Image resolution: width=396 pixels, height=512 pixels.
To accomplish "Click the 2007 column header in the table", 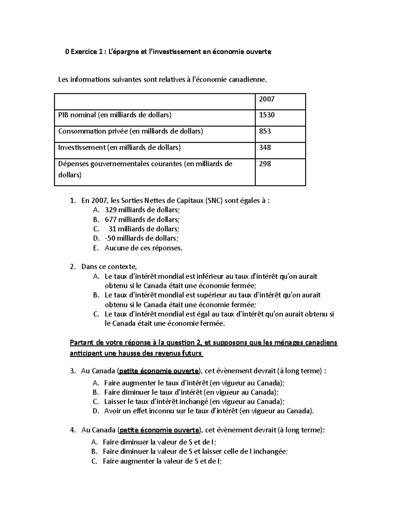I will tap(267, 99).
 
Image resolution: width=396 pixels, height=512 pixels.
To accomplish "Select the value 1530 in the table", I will tap(267, 115).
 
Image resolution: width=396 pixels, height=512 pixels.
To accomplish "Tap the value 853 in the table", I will tap(265, 131).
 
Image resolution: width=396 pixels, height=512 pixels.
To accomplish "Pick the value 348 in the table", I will tap(265, 147).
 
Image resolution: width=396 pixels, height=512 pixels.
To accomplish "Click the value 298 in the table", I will tap(265, 164).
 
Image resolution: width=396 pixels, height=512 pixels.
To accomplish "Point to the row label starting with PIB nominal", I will tap(115, 115).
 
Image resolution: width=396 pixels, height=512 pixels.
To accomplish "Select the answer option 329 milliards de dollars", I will tap(143, 210).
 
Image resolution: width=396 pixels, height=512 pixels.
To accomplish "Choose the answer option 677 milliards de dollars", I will tap(143, 220).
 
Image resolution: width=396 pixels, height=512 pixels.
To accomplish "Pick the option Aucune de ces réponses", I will tap(144, 248).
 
